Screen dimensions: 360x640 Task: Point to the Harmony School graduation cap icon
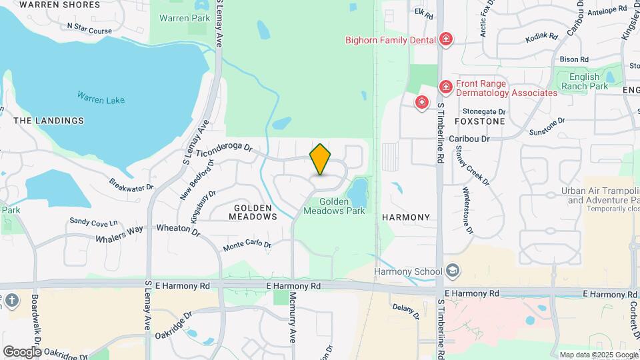click(453, 271)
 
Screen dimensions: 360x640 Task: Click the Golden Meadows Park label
click(334, 206)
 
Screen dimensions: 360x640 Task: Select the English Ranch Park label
click(585, 81)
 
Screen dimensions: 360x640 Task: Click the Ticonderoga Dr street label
click(223, 148)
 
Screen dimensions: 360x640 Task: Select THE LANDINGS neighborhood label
click(49, 121)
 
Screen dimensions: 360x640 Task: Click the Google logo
click(22, 351)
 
